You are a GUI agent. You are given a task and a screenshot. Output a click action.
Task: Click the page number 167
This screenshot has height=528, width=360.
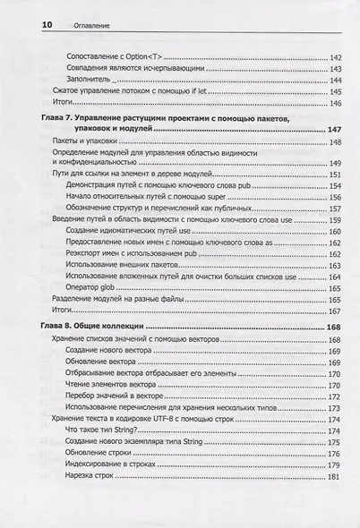coord(336,311)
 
